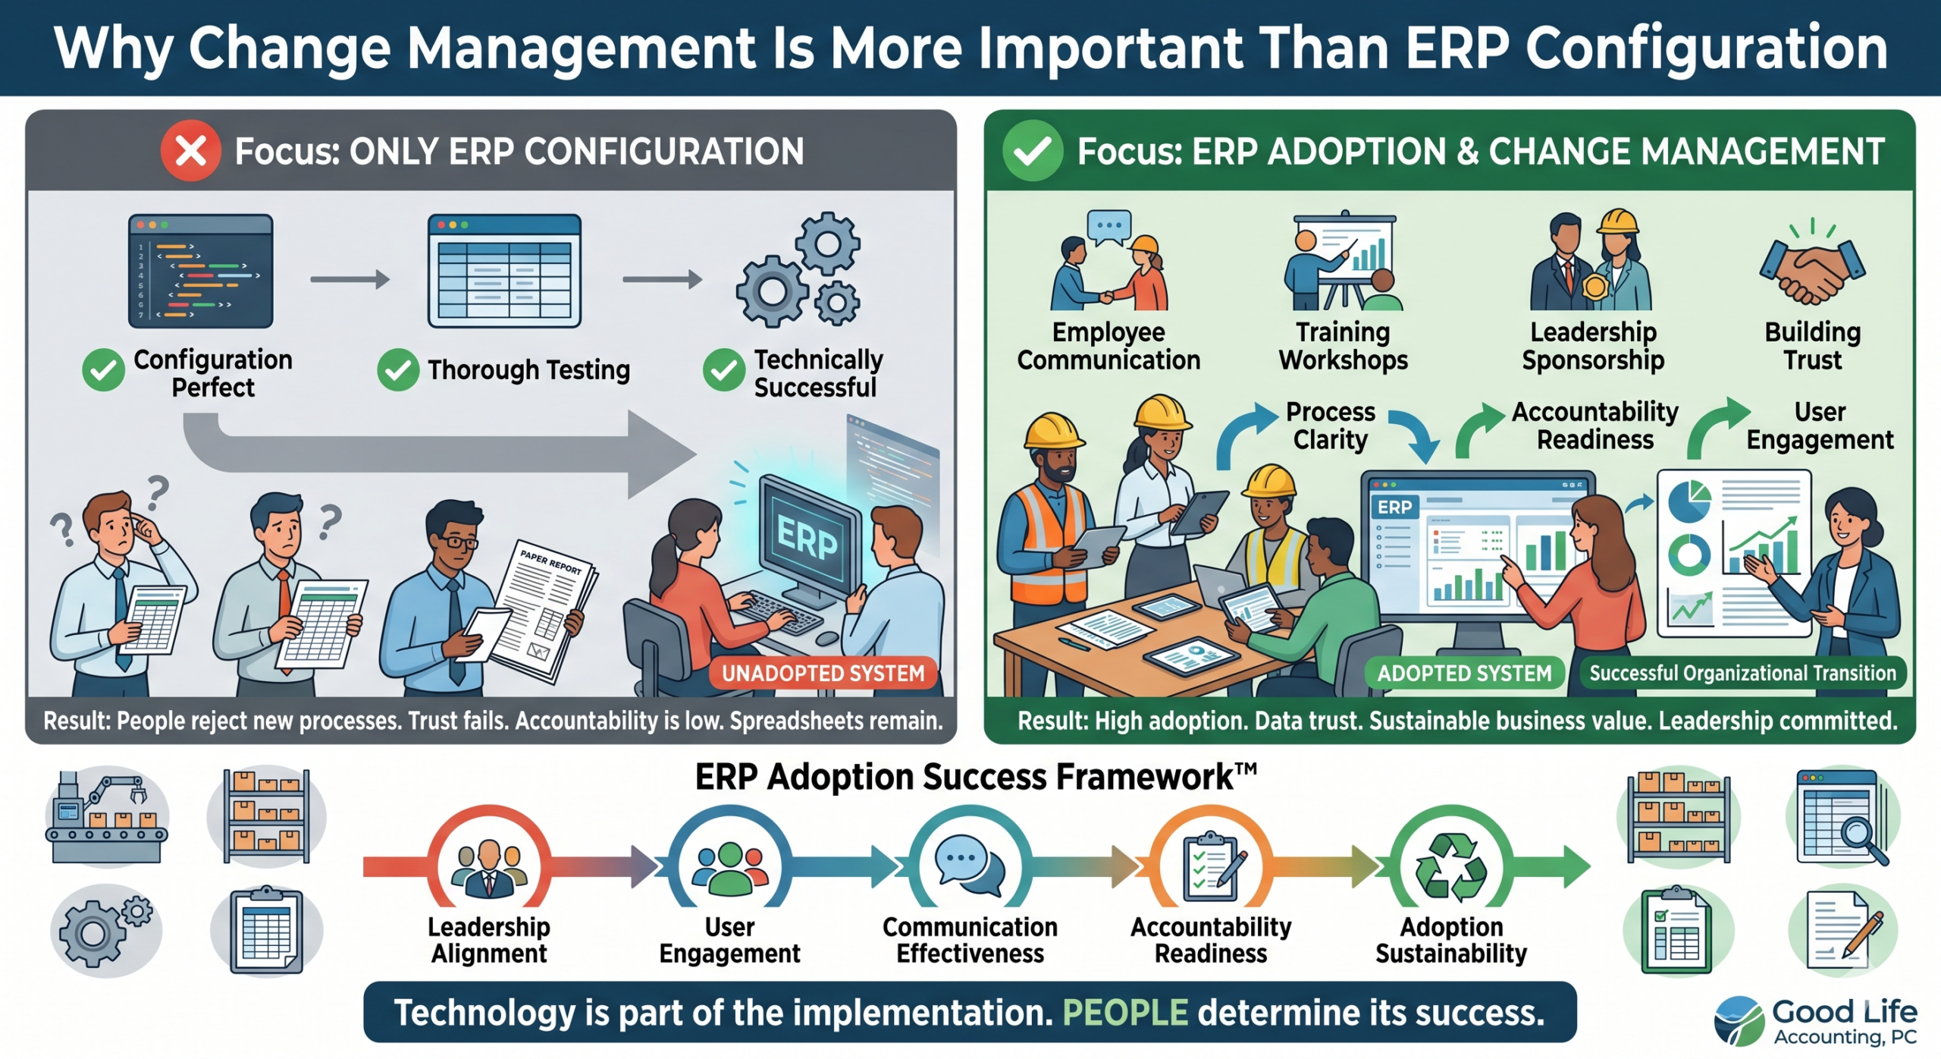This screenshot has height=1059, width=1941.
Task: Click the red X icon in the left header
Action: click(190, 151)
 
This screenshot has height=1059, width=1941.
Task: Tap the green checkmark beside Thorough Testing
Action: click(398, 370)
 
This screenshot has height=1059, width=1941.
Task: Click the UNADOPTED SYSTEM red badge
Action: click(823, 673)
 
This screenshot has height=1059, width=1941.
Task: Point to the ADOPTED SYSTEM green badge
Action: click(1464, 673)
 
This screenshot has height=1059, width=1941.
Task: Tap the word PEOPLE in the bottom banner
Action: click(1125, 1013)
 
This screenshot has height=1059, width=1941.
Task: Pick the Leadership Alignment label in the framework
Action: click(489, 940)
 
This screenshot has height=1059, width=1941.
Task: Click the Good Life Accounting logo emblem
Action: click(1739, 1020)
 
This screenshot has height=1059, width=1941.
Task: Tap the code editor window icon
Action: click(201, 271)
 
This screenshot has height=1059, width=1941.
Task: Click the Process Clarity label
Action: click(1331, 426)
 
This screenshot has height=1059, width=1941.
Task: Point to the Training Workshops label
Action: click(1343, 346)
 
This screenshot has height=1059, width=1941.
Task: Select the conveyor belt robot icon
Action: click(107, 817)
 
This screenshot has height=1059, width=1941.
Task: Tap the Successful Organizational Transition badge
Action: click(1742, 673)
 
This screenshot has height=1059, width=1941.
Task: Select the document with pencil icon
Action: click(1844, 932)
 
